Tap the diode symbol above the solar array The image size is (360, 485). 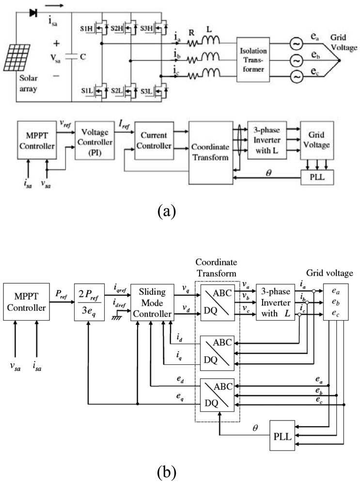(33, 12)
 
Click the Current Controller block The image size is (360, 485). (153, 141)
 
